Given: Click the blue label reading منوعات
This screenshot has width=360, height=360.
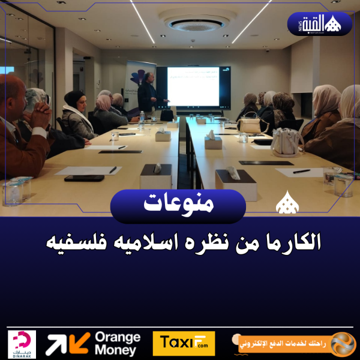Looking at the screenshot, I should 178,204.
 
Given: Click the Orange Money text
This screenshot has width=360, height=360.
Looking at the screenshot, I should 117,344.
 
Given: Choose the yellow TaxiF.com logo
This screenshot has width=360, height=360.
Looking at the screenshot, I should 184,344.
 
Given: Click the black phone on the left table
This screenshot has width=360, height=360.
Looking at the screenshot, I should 84,178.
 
